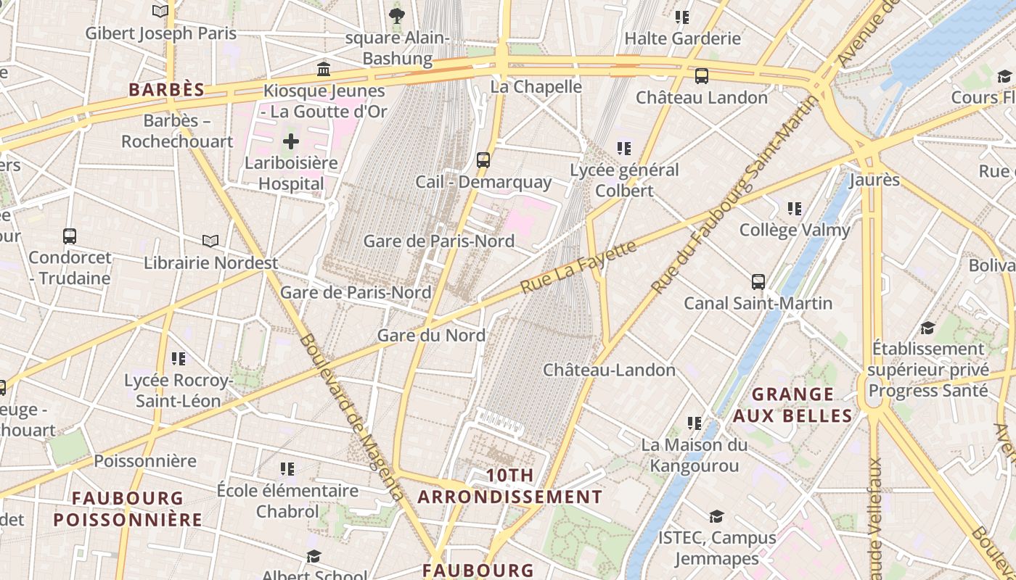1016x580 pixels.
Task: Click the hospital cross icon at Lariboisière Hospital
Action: (x=290, y=141)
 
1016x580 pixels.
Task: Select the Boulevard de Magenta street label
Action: (x=351, y=417)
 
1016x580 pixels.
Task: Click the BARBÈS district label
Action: (x=166, y=90)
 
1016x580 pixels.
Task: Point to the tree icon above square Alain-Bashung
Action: (x=396, y=15)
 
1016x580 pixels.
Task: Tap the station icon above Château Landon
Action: (x=701, y=75)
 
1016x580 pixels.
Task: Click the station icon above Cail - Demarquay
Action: (x=483, y=159)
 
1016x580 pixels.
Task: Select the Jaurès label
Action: (x=874, y=180)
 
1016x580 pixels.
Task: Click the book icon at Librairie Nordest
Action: (x=210, y=241)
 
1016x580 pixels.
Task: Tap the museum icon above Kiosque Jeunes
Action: (x=324, y=70)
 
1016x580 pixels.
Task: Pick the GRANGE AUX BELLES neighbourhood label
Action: (x=792, y=405)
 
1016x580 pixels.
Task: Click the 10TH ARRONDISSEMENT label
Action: (x=510, y=486)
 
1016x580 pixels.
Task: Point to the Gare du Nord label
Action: (x=431, y=336)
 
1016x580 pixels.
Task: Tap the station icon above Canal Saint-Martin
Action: (x=758, y=281)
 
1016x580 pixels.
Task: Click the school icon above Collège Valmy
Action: (x=795, y=209)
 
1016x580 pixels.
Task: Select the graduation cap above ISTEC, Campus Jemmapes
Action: (x=716, y=516)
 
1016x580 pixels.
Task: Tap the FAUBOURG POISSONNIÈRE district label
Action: (x=128, y=509)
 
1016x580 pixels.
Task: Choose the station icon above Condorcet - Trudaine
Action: (x=70, y=236)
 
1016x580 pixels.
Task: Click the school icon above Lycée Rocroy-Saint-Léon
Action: (x=179, y=358)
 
